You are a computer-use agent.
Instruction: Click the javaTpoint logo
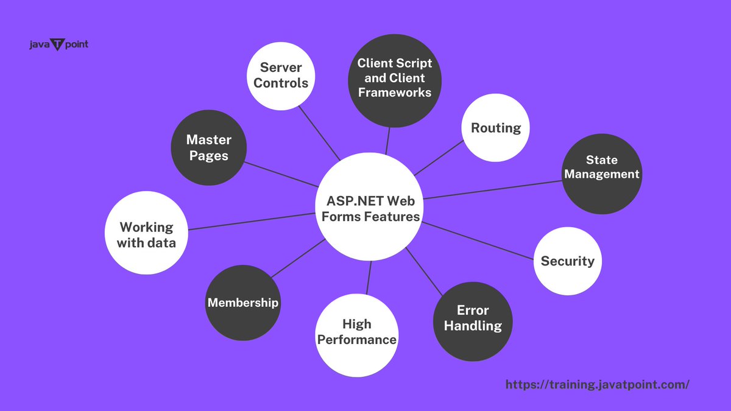click(58, 45)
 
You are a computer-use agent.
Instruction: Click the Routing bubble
click(496, 128)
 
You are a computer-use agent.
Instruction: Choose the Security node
click(567, 261)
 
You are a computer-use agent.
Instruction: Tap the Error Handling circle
click(473, 318)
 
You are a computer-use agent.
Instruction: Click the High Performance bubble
click(357, 332)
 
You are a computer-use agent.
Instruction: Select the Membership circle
click(243, 303)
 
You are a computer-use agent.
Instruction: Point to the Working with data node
click(146, 234)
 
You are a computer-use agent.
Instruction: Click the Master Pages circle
click(208, 148)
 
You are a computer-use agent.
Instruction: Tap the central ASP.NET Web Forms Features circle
click(368, 208)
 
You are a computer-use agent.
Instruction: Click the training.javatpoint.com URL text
click(598, 385)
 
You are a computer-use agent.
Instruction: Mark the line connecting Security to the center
click(478, 242)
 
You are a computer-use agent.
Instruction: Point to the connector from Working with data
click(250, 222)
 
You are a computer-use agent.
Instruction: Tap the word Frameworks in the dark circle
click(394, 93)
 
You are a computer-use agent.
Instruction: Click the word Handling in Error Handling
click(473, 326)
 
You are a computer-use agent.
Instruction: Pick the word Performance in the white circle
click(357, 340)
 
